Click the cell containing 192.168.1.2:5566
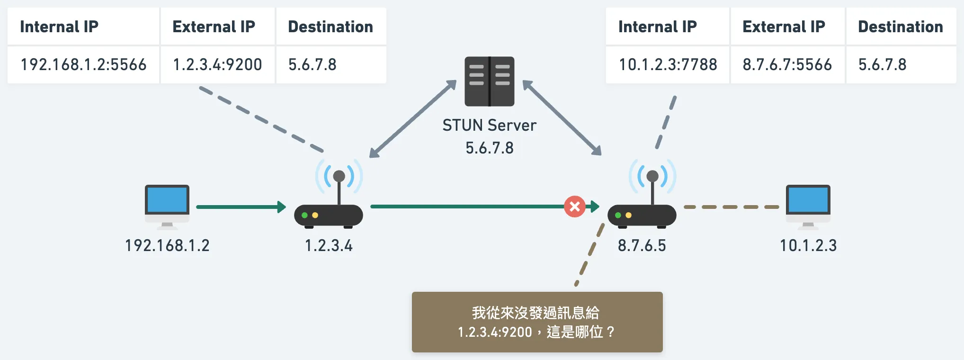[83, 64]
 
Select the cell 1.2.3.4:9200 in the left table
[217, 64]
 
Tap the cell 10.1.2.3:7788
[668, 64]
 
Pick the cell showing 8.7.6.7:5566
[787, 64]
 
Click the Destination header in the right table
[901, 27]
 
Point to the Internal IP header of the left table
[59, 27]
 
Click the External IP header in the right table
[784, 27]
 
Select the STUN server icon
[490, 81]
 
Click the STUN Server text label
[490, 125]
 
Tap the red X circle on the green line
[575, 207]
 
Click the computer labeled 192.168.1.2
[167, 205]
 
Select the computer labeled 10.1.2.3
[808, 205]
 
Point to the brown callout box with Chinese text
[537, 322]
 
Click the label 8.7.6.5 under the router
[642, 245]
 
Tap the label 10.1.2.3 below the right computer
[808, 245]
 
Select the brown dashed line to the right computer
[731, 207]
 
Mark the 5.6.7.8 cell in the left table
[312, 64]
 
